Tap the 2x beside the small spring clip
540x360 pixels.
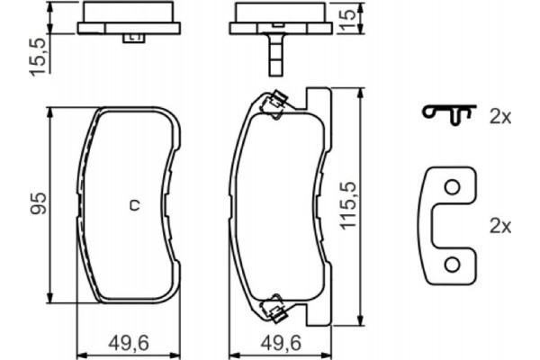point(499,116)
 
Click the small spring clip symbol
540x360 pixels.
point(447,113)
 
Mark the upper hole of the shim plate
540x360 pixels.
point(453,188)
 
